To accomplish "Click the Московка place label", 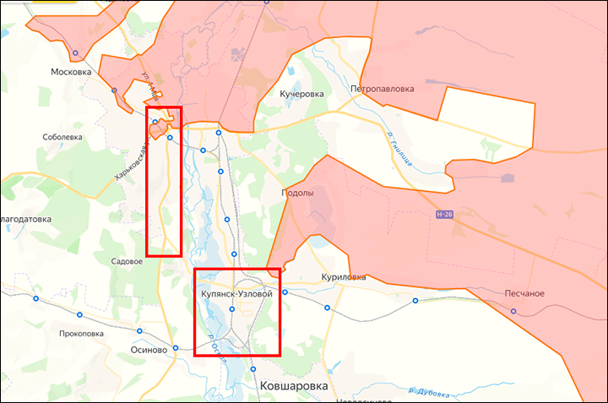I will pyautogui.click(x=71, y=72).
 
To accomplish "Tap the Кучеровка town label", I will pyautogui.click(x=301, y=94).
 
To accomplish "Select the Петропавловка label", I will pyautogui.click(x=383, y=88).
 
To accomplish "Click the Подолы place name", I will pyautogui.click(x=297, y=193).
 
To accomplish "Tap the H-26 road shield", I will pyautogui.click(x=445, y=215).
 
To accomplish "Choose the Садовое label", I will pyautogui.click(x=127, y=262).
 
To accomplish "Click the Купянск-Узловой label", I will pyautogui.click(x=236, y=294).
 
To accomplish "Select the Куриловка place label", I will pyautogui.click(x=344, y=276).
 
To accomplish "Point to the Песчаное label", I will pyautogui.click(x=524, y=293).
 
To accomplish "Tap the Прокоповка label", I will pyautogui.click(x=82, y=333).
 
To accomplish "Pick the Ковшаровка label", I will pyautogui.click(x=294, y=385).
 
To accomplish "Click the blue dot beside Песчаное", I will pyautogui.click(x=513, y=311).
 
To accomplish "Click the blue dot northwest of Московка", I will pyautogui.click(x=75, y=53).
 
